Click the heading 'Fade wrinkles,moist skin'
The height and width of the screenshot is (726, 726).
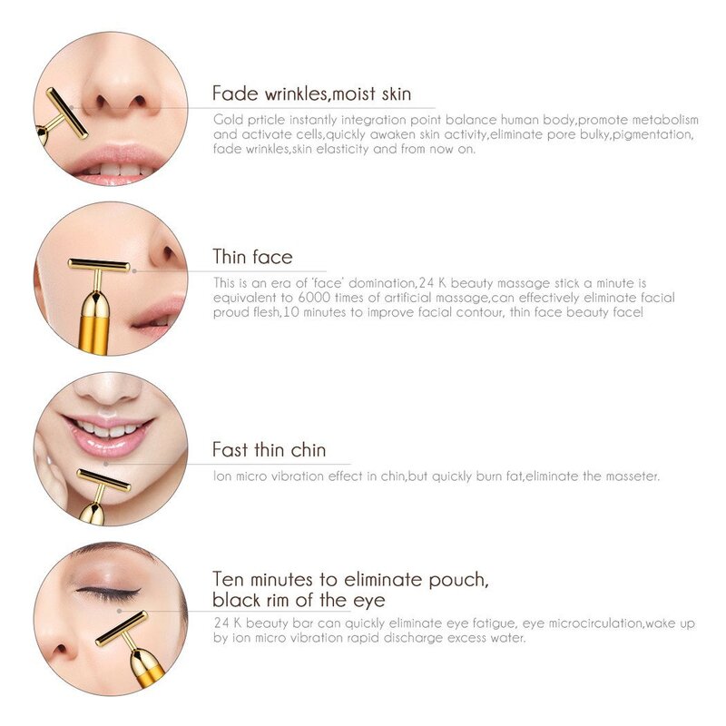click(x=311, y=93)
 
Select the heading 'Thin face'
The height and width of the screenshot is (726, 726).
click(x=252, y=257)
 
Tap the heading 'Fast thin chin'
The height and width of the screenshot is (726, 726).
click(x=269, y=450)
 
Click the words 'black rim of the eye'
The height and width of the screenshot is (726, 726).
click(x=299, y=600)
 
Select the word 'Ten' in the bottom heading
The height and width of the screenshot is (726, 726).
click(x=229, y=578)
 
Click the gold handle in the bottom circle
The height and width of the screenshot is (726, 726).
click(x=146, y=669)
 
